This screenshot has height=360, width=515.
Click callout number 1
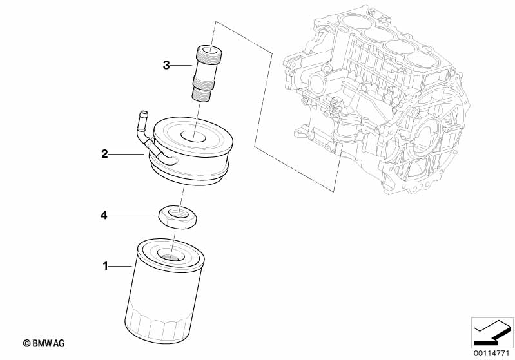pos(105,265)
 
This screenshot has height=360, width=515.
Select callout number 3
pos(166,65)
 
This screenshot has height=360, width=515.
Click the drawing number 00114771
pos(491,352)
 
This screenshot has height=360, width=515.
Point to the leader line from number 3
pos(183,65)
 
